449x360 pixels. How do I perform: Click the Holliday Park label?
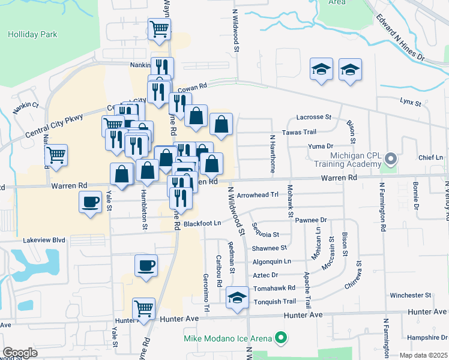click(32, 34)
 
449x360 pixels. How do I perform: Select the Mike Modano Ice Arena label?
click(228, 339)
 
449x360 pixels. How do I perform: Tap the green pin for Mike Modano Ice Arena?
click(280, 339)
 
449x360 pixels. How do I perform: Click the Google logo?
click(20, 353)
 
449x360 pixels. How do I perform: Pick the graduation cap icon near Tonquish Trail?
click(238, 298)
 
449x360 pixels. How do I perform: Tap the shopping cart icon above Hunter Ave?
click(143, 308)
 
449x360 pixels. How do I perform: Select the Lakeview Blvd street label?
click(44, 239)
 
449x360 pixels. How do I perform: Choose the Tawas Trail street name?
click(298, 132)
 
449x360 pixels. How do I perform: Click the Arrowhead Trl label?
click(259, 195)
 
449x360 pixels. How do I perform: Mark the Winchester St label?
click(411, 295)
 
